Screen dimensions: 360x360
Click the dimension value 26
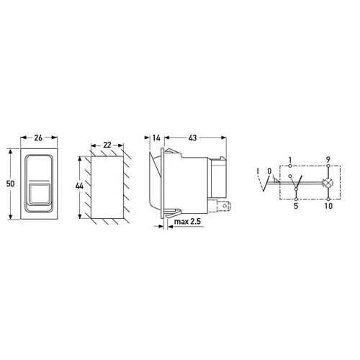[x=38, y=138]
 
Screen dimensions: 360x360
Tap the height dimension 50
[x=11, y=184]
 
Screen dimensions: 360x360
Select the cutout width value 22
[x=107, y=145]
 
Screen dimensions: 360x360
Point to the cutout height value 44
[x=79, y=186]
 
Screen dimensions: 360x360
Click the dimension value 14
[x=156, y=138]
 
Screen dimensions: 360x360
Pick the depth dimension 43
[x=193, y=138]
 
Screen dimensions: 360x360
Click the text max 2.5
[x=187, y=221]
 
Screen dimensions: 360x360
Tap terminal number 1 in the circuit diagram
[x=290, y=160]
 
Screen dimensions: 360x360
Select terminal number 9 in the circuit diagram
[x=328, y=159]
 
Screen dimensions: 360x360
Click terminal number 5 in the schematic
[x=296, y=206]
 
